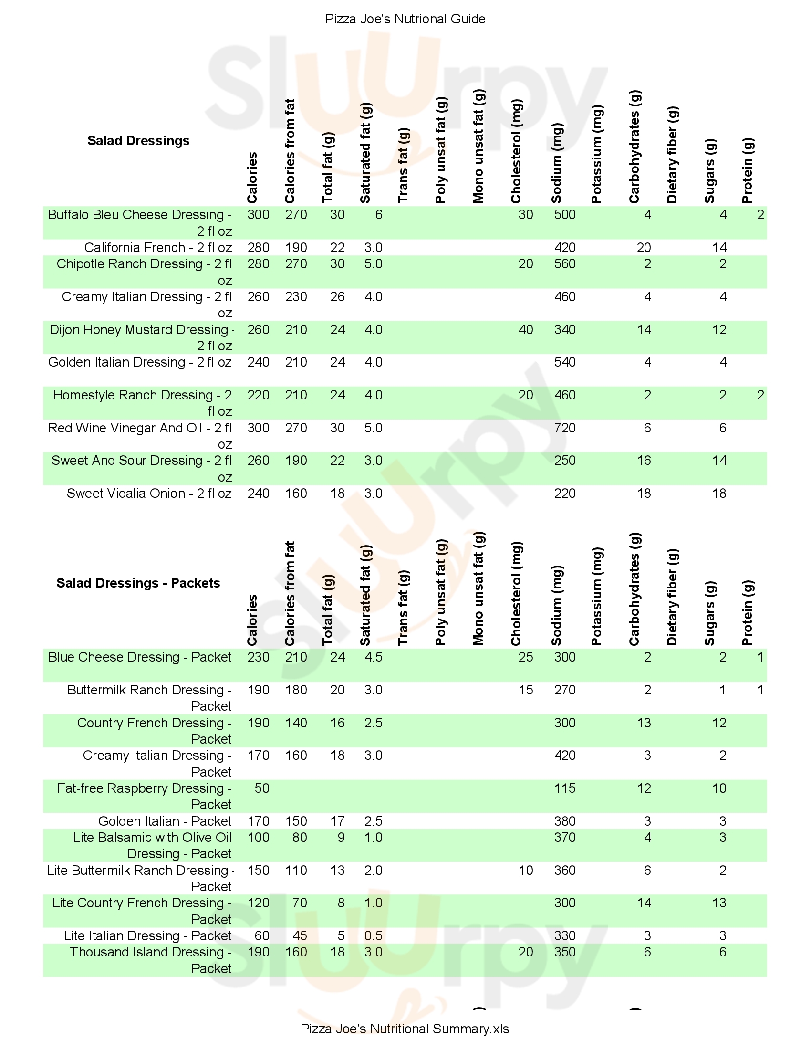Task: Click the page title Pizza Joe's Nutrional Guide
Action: (x=405, y=19)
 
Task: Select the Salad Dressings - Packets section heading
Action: (x=138, y=583)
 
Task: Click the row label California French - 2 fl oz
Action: (x=158, y=248)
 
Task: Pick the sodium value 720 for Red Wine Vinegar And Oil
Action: (x=564, y=428)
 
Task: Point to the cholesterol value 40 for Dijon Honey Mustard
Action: (x=526, y=330)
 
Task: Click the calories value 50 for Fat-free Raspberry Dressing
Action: (x=262, y=788)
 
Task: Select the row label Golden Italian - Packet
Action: (x=165, y=821)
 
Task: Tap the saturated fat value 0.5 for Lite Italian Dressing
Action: (x=374, y=935)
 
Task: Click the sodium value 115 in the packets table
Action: (x=564, y=788)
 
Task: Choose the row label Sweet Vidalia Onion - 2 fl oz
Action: (x=149, y=493)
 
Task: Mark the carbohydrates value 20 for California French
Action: (x=644, y=248)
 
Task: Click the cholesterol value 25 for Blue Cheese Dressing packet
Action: (x=526, y=657)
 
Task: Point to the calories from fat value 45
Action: (x=299, y=935)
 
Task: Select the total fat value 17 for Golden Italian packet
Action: (x=337, y=821)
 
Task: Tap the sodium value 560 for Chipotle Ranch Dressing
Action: (x=564, y=264)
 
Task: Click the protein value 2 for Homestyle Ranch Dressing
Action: (x=760, y=395)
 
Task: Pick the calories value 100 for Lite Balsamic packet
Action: (x=259, y=838)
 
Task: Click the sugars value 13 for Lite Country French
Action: (x=719, y=903)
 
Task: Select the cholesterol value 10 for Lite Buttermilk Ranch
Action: (x=526, y=870)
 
